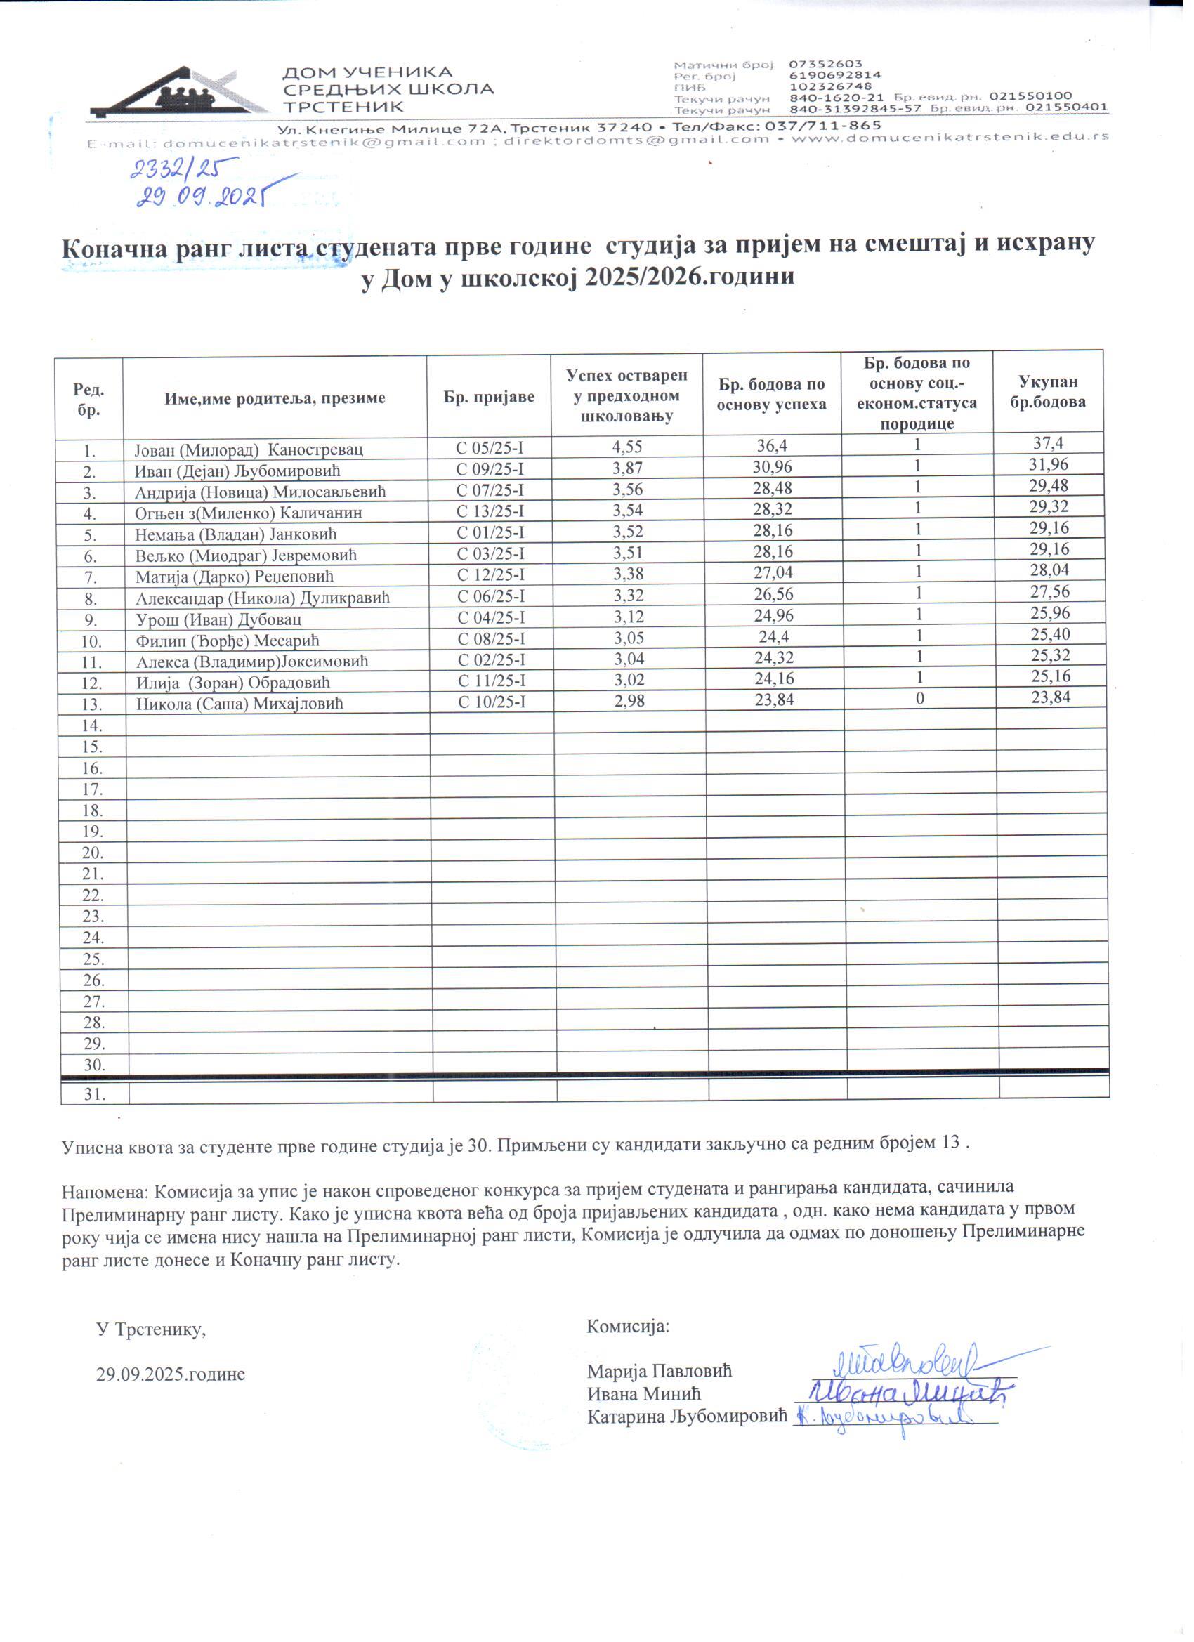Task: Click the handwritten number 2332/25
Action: [x=173, y=169]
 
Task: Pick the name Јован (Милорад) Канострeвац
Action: [x=249, y=449]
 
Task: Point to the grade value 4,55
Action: [x=627, y=447]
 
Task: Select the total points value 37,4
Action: [x=1049, y=443]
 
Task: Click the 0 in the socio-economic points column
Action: [x=917, y=699]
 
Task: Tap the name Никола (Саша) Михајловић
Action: [x=240, y=704]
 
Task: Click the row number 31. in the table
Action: [x=94, y=1094]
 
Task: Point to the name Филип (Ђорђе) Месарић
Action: [x=228, y=641]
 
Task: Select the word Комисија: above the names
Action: [x=628, y=1327]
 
